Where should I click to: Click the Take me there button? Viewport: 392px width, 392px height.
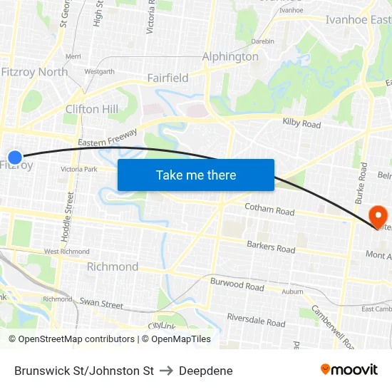[x=196, y=175]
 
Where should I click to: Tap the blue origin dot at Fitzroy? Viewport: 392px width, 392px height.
[x=15, y=157]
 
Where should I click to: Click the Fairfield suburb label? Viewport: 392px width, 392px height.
[x=167, y=78]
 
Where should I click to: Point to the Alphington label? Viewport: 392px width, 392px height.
[x=230, y=56]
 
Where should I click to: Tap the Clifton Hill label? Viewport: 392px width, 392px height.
[x=92, y=109]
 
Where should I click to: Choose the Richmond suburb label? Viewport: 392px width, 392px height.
[x=113, y=267]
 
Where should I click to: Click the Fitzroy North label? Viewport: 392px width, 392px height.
[x=34, y=72]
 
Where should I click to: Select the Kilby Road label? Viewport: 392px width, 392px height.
[x=301, y=123]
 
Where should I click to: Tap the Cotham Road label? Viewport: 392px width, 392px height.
[x=269, y=210]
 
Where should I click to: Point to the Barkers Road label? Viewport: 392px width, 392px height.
[x=271, y=248]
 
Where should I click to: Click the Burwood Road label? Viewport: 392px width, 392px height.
[x=237, y=285]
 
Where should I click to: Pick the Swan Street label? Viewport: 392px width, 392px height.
[x=101, y=304]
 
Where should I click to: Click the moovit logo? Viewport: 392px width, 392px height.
[x=349, y=369]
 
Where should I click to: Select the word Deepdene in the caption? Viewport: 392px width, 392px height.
[x=206, y=371]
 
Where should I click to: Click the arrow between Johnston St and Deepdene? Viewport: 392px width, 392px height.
[x=167, y=371]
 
